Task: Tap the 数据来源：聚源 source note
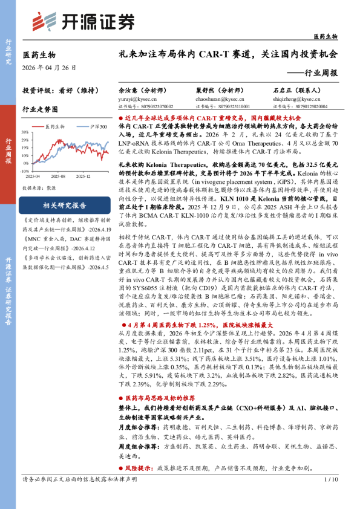[x=39, y=188]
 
